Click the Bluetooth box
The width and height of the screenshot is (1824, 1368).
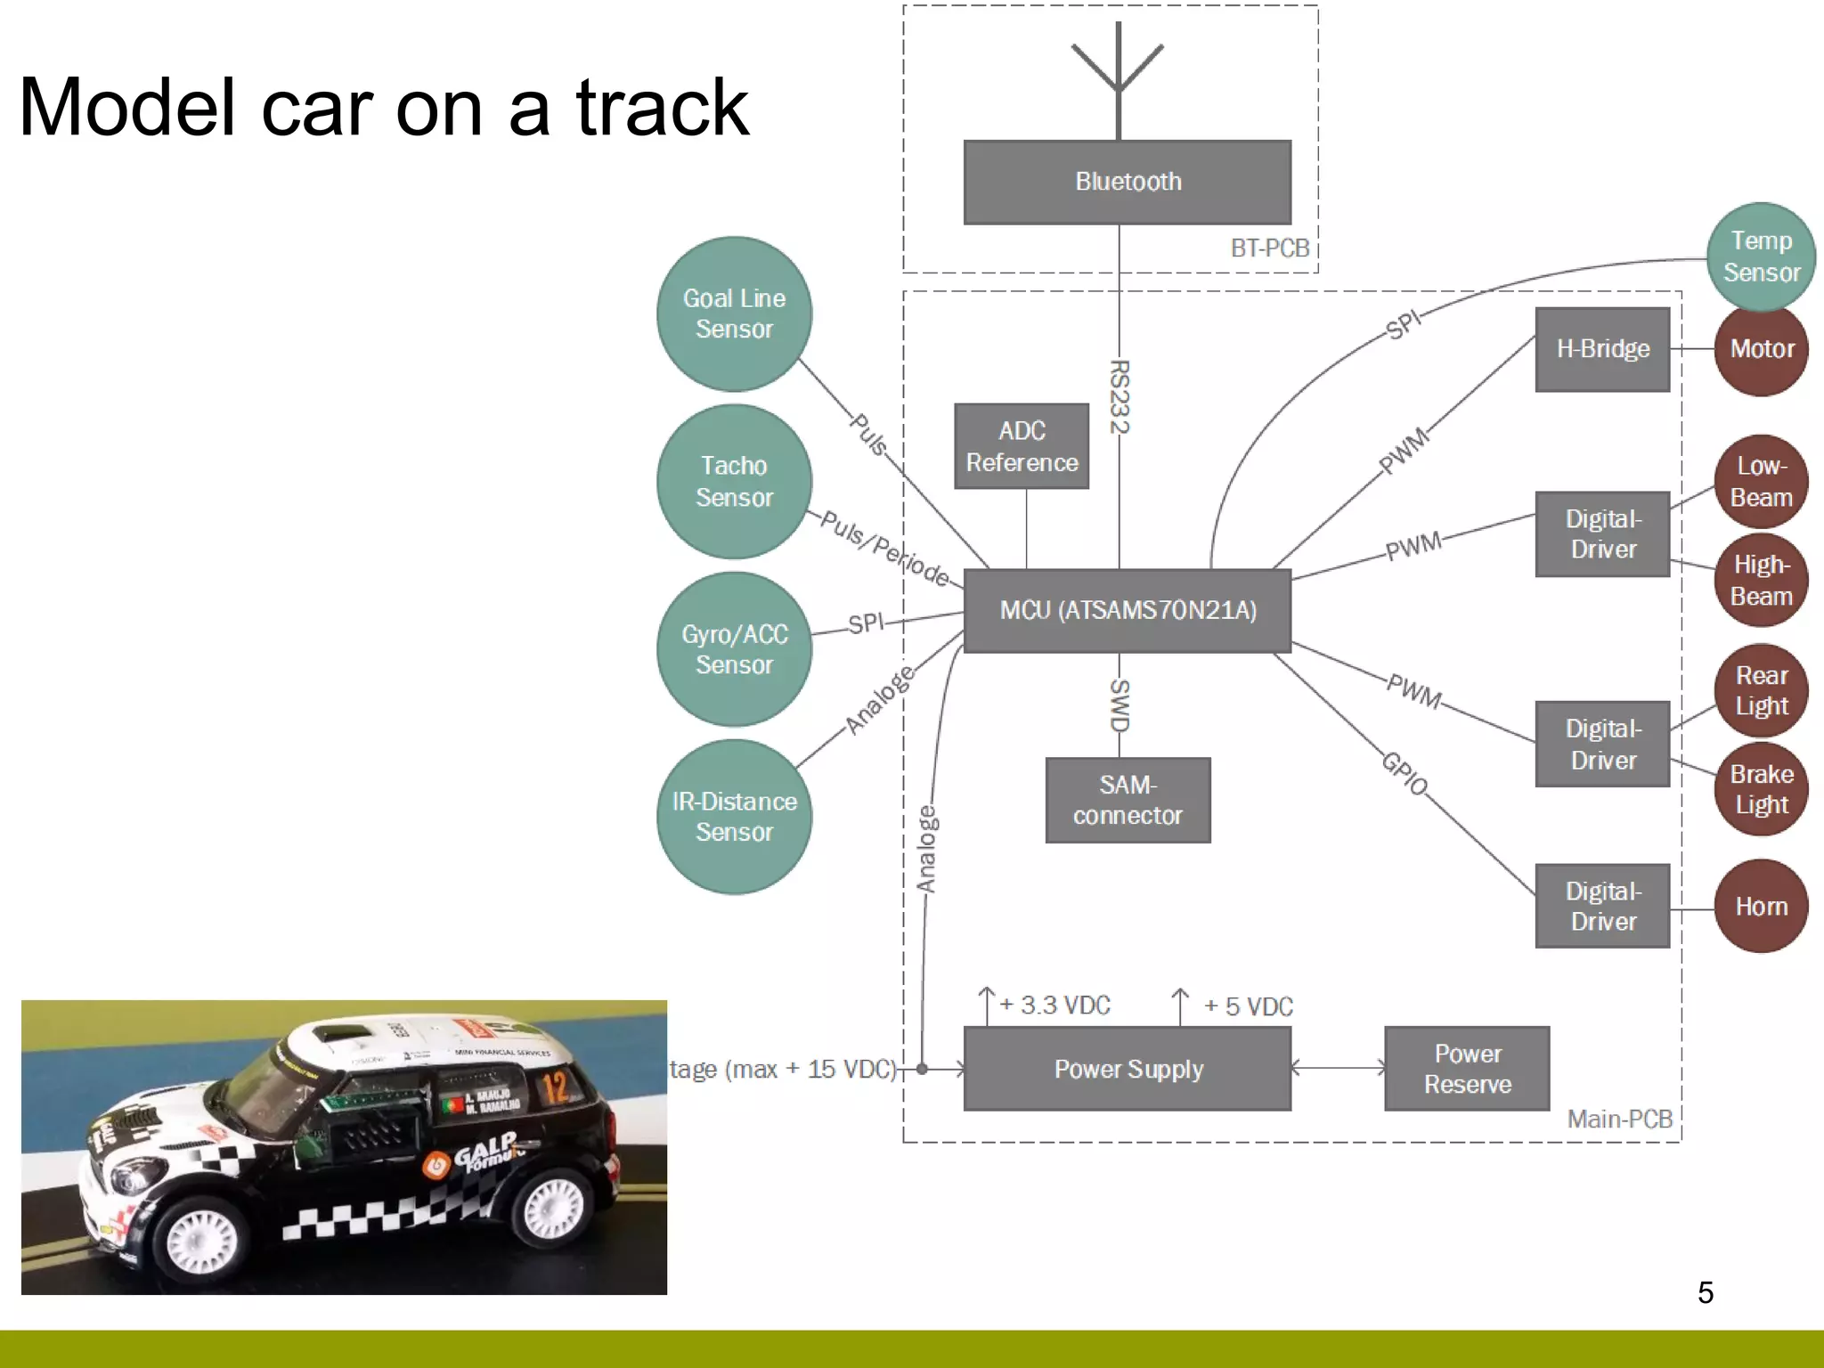pos(1127,182)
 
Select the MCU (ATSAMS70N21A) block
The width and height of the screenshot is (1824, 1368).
pos(1127,611)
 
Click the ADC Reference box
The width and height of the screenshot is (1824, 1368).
pos(1022,446)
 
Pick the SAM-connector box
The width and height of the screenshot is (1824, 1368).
pos(1128,800)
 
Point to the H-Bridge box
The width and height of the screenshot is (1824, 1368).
pos(1602,349)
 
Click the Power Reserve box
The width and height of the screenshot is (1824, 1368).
pos(1467,1069)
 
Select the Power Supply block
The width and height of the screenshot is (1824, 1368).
pos(1127,1069)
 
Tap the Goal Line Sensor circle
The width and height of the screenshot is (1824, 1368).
pos(734,313)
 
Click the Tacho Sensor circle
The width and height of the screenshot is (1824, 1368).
pos(734,481)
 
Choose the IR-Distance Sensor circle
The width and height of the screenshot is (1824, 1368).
pos(734,817)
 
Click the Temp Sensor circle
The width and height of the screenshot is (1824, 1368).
pos(1761,256)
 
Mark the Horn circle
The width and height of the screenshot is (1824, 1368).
pos(1761,907)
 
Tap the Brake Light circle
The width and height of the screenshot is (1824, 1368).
pos(1761,789)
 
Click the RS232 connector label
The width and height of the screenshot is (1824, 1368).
pos(1119,396)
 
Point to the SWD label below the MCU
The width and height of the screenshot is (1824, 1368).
pos(1119,705)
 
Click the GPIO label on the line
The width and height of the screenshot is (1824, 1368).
pos(1405,773)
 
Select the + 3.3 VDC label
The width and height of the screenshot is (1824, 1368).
pos(1055,1006)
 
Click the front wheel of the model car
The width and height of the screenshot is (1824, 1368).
pos(203,1239)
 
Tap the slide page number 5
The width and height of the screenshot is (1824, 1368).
pos(1705,1292)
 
